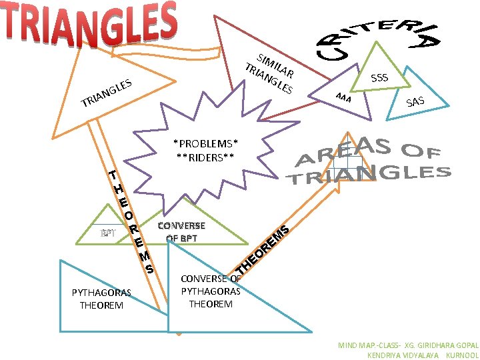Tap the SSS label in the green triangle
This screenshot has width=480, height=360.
379,78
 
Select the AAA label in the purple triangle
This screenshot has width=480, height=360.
343,98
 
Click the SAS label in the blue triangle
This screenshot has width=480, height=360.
415,101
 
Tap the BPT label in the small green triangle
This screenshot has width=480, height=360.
108,233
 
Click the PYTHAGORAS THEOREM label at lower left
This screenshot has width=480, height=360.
101,299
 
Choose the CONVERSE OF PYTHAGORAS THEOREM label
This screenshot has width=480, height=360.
211,291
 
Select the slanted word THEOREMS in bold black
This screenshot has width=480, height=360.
263,251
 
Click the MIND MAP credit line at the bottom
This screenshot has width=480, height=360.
408,345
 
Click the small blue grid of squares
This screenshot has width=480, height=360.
347,161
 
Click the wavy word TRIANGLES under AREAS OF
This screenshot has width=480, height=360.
368,174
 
